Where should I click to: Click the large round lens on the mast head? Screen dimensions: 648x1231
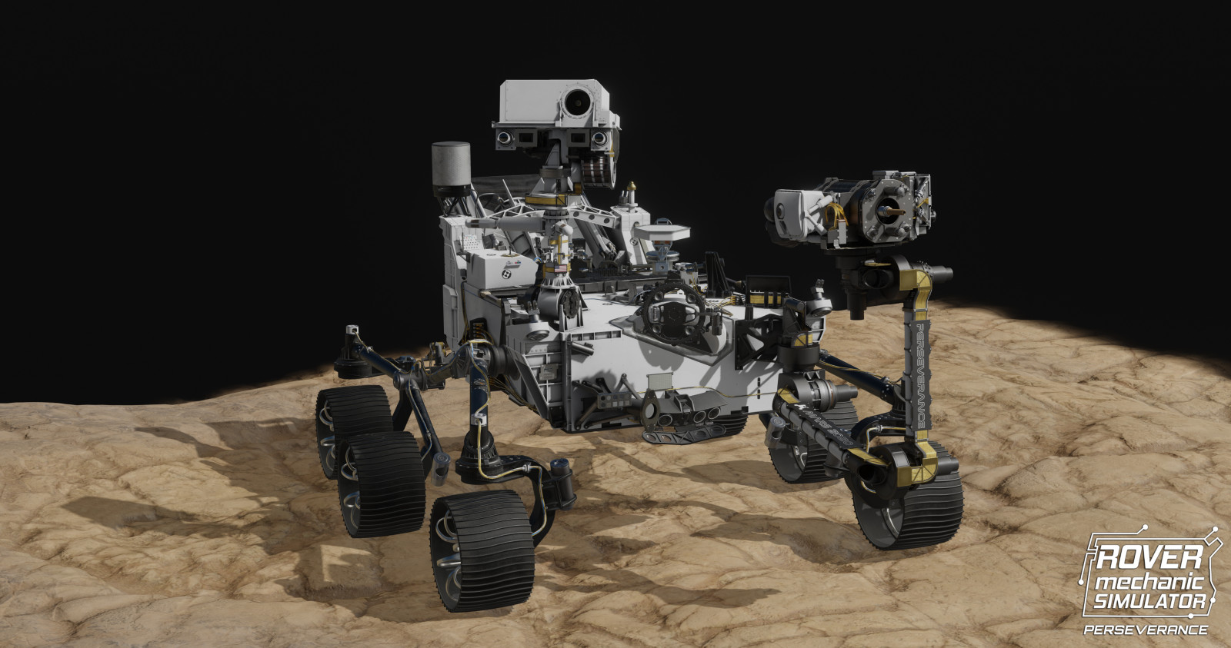575,100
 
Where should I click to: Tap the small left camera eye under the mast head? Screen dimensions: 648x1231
504,138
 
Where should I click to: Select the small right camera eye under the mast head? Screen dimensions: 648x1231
599,138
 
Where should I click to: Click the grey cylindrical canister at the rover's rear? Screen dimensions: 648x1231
451,164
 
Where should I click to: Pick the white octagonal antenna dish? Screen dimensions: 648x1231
662,230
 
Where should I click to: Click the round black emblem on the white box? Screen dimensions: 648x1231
506,273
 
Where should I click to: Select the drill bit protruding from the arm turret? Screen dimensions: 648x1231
892,208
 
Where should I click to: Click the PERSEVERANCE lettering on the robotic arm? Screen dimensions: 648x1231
919,377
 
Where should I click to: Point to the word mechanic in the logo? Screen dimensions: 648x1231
1149,580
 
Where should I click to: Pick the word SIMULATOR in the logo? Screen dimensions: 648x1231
1149,600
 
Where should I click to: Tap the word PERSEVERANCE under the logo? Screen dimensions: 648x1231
1146,630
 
